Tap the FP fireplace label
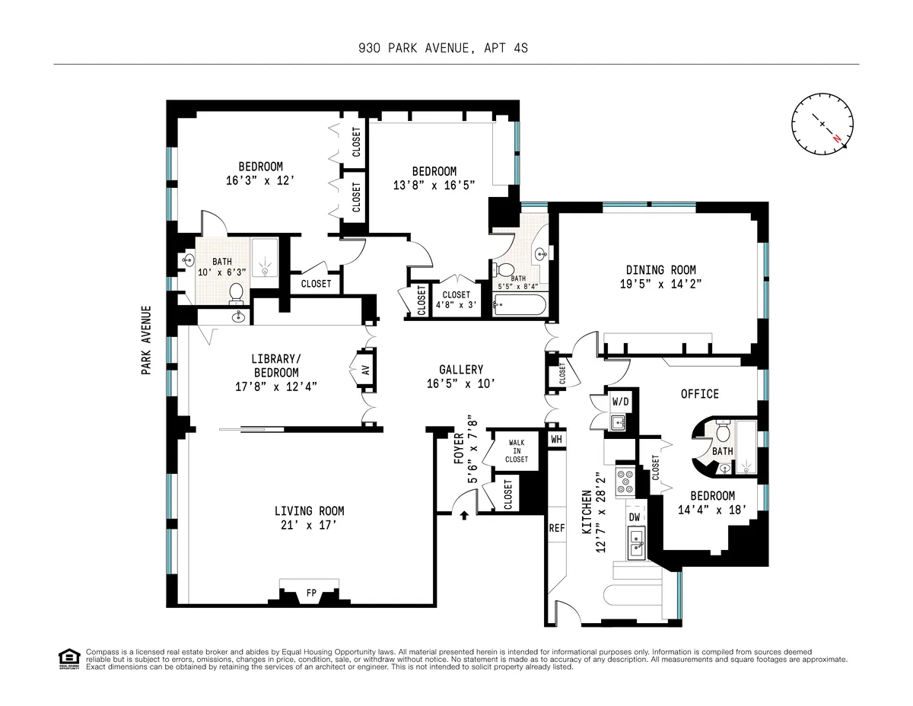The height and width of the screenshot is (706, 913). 310,592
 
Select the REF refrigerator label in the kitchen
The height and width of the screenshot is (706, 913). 557,527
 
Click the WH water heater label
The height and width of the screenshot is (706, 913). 557,439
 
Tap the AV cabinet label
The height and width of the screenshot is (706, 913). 365,370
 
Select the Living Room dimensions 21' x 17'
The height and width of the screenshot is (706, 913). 309,525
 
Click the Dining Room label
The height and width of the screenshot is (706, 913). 660,270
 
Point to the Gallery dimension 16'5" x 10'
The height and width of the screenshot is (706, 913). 461,384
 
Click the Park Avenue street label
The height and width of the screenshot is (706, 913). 145,340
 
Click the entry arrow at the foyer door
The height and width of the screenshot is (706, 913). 464,516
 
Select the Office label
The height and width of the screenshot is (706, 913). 699,393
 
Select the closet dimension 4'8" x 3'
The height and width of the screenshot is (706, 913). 456,306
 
